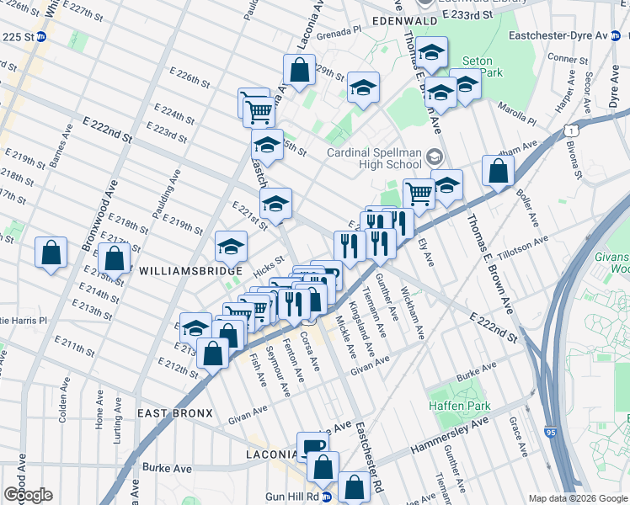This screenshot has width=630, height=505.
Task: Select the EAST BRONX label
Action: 169,414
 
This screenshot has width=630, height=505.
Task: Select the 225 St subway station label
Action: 19,37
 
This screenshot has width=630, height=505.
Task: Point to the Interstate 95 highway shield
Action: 550,432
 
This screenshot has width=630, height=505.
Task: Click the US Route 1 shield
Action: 572,130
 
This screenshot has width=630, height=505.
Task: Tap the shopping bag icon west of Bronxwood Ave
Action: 51,252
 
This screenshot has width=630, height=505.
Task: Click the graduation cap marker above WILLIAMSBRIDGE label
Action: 231,246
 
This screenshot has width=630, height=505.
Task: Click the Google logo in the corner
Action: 28,495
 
